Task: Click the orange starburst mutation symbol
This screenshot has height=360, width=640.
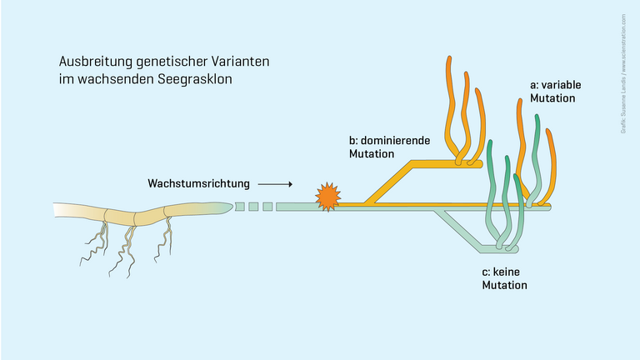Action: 327,197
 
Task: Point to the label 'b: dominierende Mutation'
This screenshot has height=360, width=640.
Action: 389,147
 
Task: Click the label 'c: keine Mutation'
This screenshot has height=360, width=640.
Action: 505,278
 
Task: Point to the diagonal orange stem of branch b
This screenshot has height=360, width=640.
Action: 392,183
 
